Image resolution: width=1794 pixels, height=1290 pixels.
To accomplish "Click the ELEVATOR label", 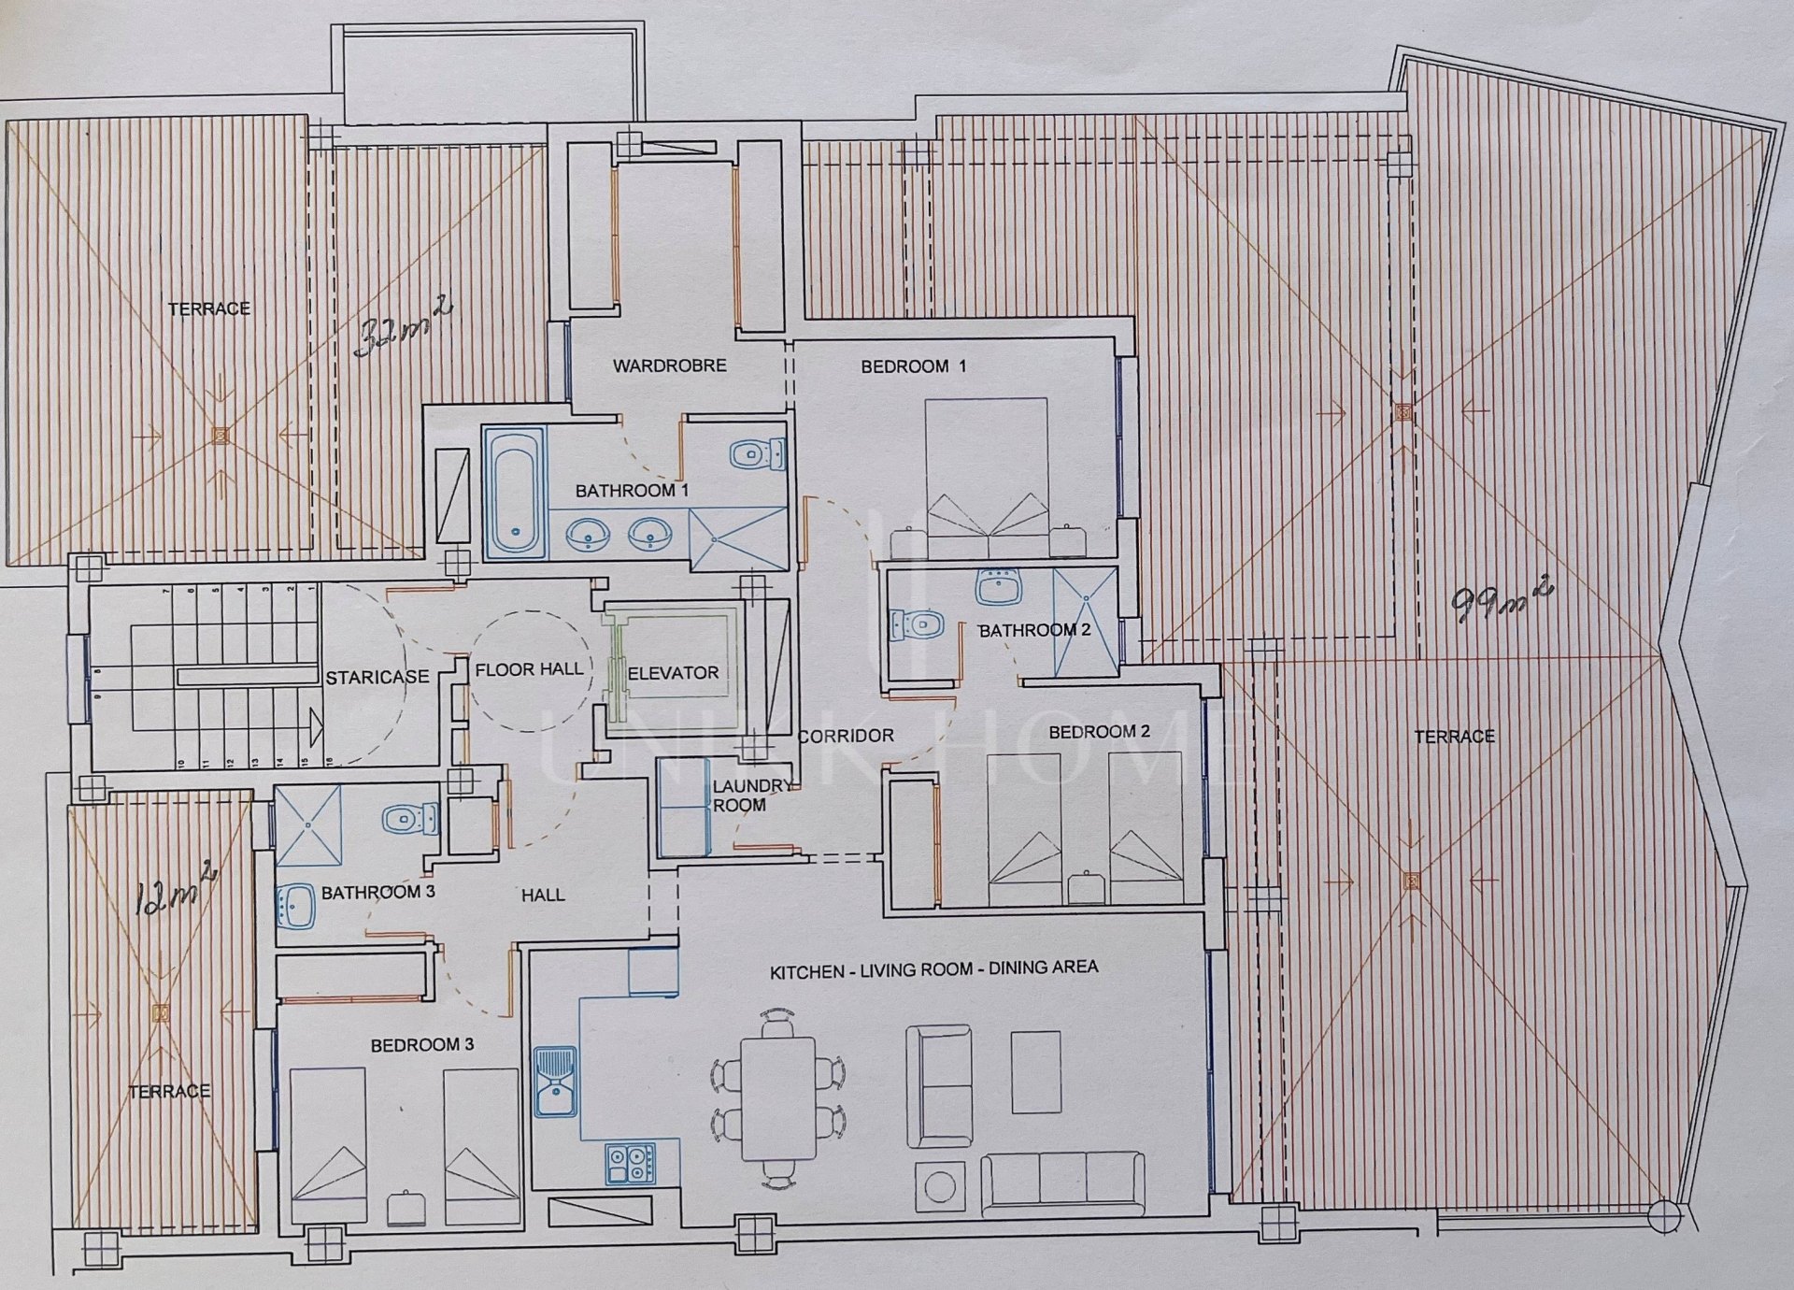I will [x=673, y=673].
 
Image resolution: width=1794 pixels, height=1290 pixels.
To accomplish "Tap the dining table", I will [x=778, y=1097].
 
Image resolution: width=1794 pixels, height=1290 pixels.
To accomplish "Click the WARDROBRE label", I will [x=669, y=365].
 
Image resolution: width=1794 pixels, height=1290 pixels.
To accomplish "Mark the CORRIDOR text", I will [x=847, y=737].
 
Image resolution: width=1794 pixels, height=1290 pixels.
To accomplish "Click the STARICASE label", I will [x=377, y=677].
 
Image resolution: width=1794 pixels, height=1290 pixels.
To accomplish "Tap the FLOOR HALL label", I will [x=529, y=669].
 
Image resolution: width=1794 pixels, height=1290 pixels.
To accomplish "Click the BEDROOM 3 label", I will [x=422, y=1045].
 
